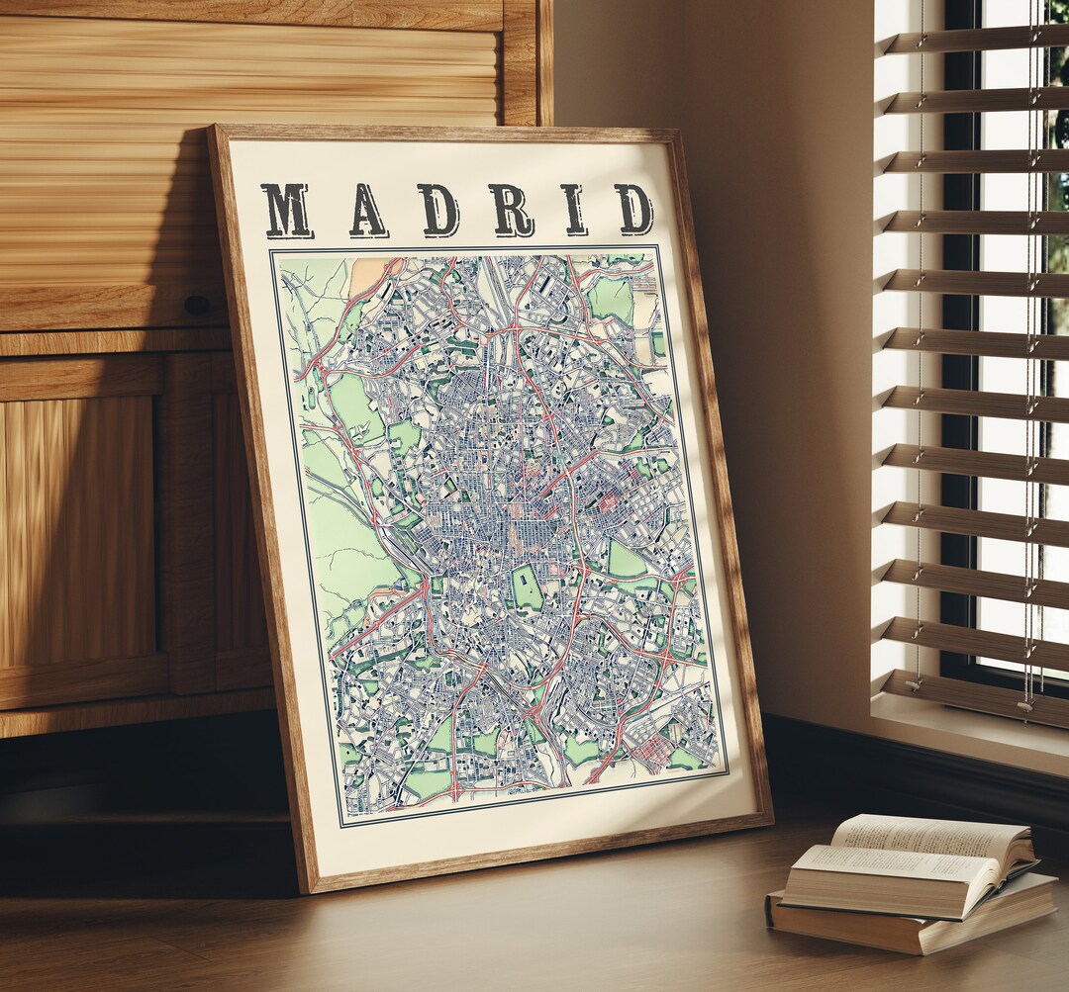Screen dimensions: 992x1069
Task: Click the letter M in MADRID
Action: point(287,210)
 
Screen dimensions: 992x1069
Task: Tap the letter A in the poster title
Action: point(367,210)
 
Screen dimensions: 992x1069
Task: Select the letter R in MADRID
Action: point(511,210)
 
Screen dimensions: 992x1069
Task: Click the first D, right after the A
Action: point(438,210)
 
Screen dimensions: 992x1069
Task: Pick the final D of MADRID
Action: point(633,209)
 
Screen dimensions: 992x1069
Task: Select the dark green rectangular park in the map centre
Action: point(527,587)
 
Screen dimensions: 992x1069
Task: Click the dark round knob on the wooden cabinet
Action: point(197,306)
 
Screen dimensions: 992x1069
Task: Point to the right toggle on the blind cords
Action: point(1026,704)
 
